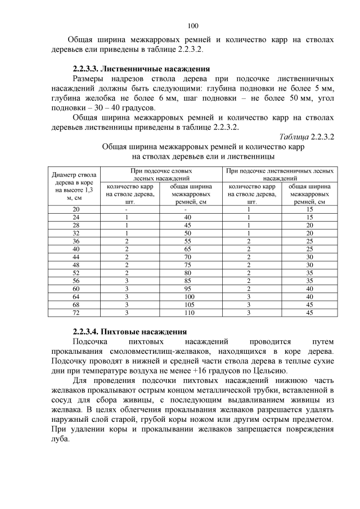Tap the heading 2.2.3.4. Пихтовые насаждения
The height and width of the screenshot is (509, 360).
[x=129, y=331]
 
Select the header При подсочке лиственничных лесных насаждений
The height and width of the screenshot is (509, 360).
[x=280, y=173]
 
